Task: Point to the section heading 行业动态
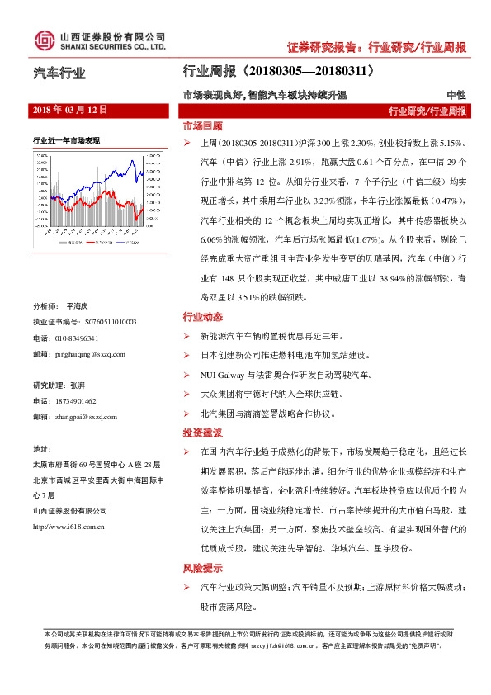tap(202, 318)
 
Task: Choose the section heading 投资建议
tap(202, 433)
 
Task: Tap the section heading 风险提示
tap(202, 568)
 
